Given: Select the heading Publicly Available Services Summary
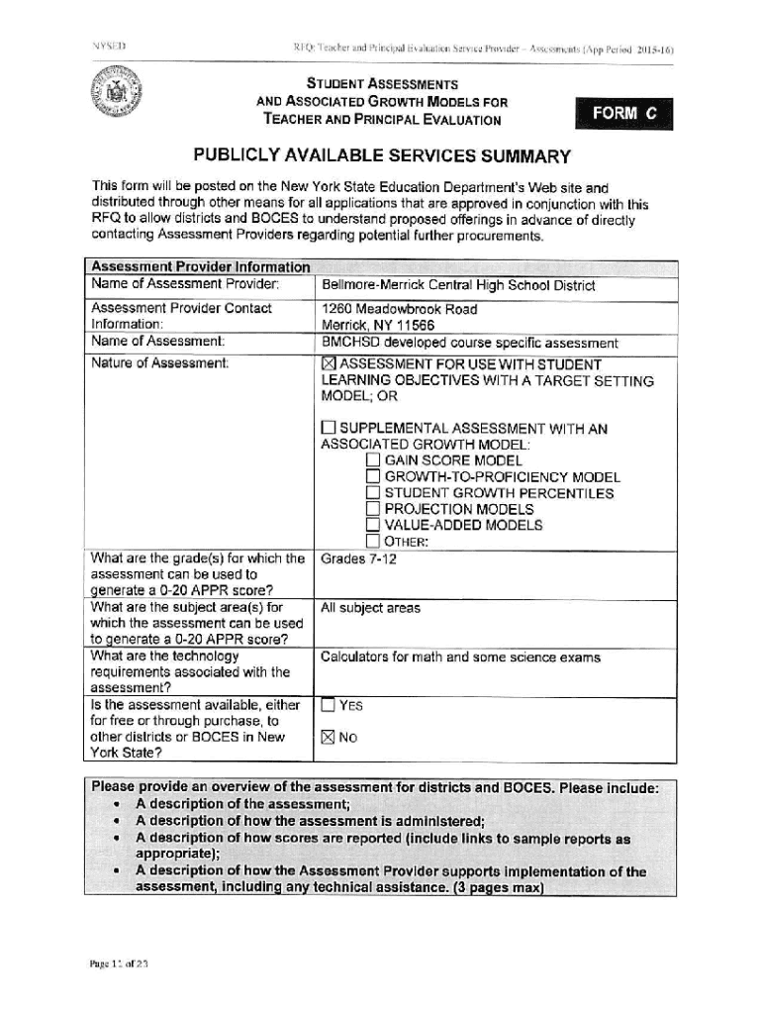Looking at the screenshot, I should tap(382, 156).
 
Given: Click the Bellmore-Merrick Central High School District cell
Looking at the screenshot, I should tap(458, 286).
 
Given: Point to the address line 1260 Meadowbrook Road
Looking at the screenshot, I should tap(399, 309).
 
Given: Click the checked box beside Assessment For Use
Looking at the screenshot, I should tap(330, 364).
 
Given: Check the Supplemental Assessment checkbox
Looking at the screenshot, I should tap(329, 429).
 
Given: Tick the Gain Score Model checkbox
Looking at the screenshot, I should tap(372, 460).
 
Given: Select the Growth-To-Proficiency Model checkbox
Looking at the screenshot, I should tap(372, 477).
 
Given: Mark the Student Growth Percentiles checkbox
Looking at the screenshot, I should tap(372, 493).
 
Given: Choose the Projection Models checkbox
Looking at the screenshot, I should tap(372, 509).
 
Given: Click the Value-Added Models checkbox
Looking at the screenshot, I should tap(372, 525).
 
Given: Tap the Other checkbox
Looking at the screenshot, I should tap(372, 541).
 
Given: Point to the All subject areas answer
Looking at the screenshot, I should tap(370, 608).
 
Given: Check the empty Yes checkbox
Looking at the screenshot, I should tap(329, 706).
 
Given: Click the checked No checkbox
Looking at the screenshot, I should tap(329, 738).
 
